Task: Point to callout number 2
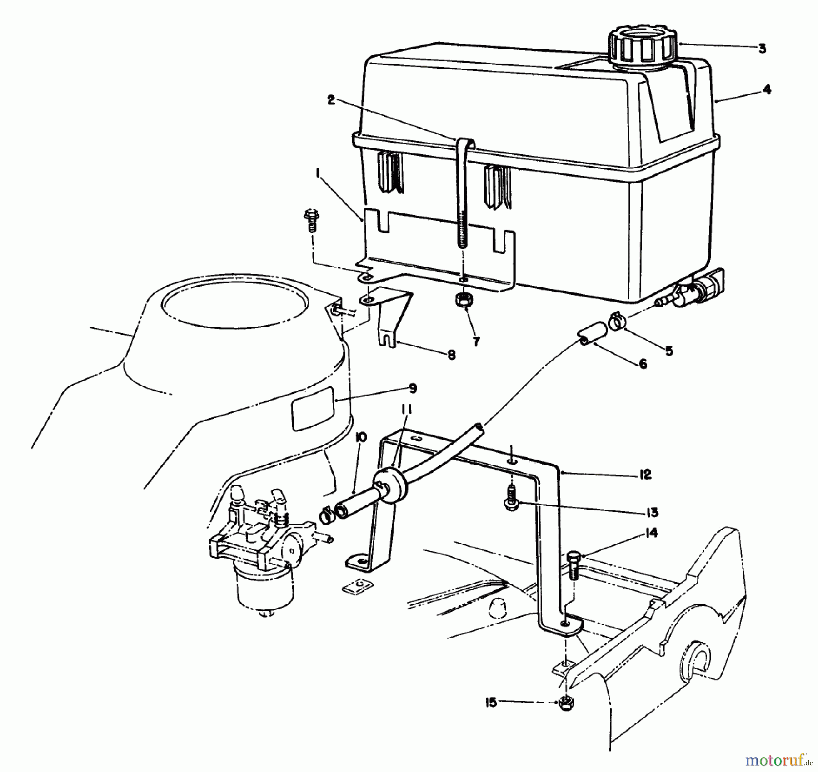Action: (x=331, y=100)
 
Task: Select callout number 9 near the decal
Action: (x=413, y=389)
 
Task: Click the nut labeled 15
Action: (x=566, y=703)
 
